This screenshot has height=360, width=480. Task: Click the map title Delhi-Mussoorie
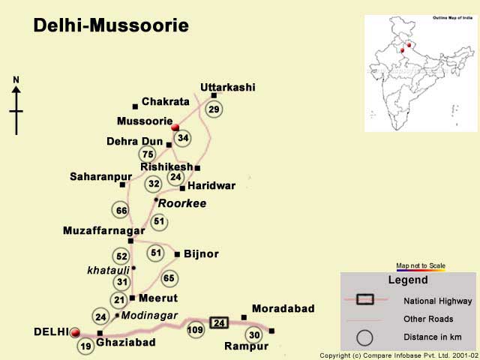click(111, 26)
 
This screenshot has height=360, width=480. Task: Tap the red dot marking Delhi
click(74, 331)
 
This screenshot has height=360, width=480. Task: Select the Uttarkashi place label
click(227, 87)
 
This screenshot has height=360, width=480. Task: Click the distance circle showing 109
click(196, 329)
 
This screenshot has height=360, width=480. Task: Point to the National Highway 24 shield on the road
click(219, 323)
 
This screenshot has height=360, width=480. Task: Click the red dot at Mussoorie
click(175, 127)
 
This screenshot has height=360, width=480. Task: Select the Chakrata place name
click(165, 101)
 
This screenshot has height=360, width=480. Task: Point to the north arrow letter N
click(16, 79)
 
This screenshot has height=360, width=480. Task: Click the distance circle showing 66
click(121, 211)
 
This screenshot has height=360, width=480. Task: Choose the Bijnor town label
click(201, 254)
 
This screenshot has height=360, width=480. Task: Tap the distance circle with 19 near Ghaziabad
click(86, 346)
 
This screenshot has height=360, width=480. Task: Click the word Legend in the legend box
click(407, 280)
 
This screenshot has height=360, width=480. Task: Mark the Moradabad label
click(283, 308)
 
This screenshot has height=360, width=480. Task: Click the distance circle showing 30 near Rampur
click(254, 334)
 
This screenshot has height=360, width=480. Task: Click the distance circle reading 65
click(169, 278)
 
